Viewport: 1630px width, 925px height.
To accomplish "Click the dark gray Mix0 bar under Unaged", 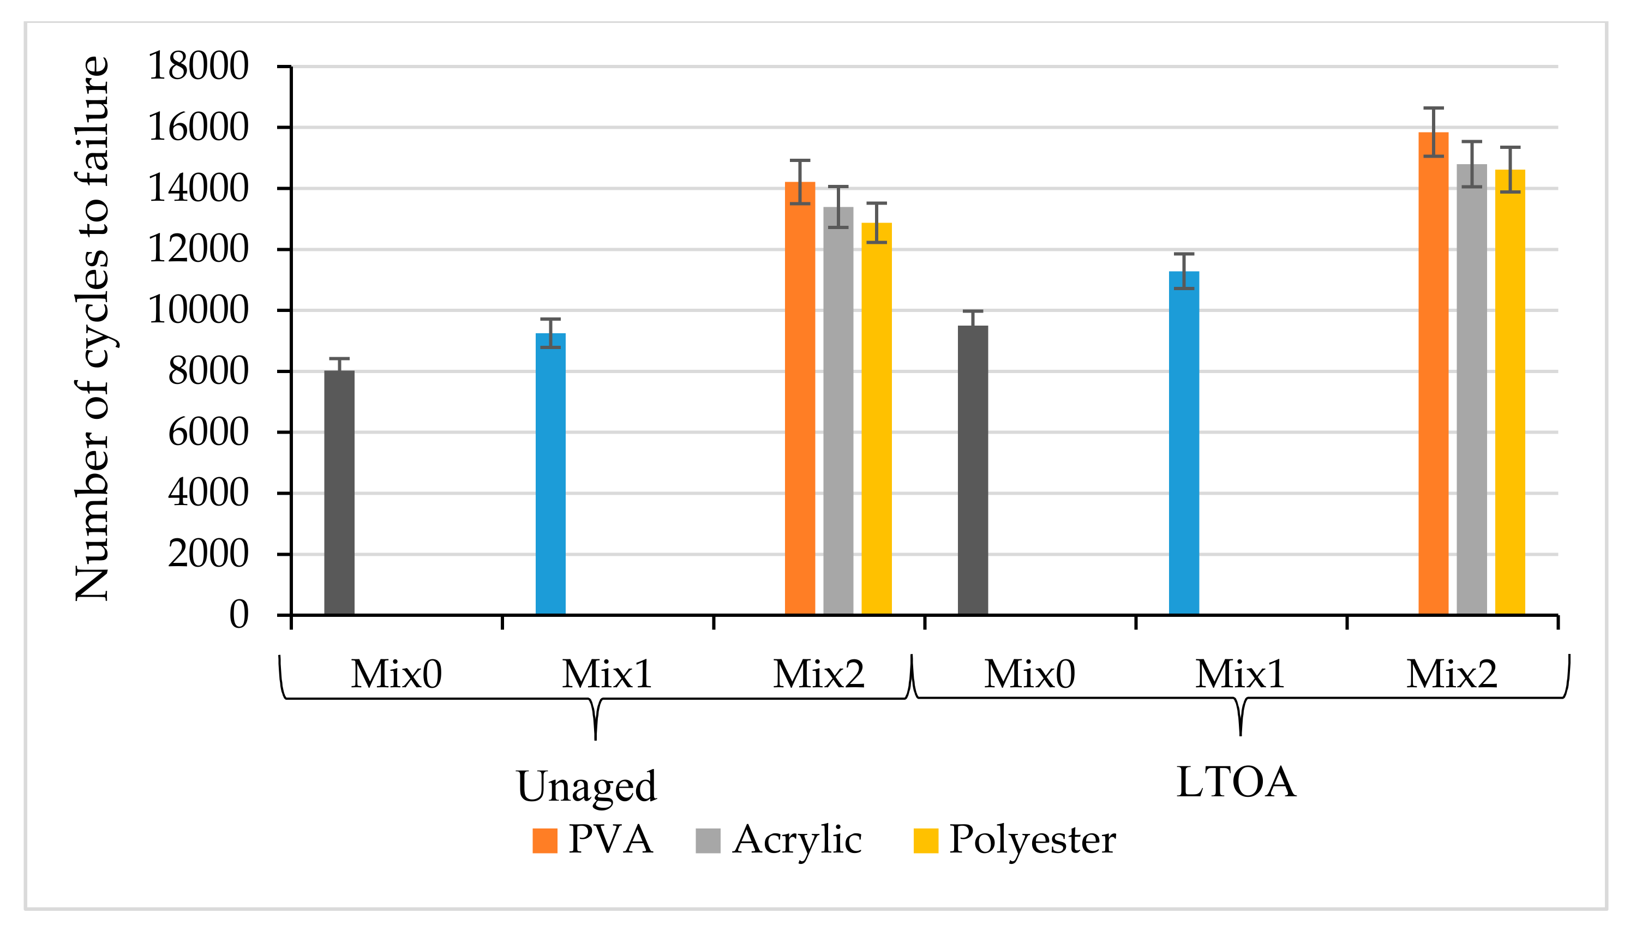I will click(339, 492).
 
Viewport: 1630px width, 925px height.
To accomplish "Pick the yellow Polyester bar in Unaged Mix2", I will click(876, 419).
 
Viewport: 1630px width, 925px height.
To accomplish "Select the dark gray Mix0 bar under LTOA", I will click(973, 470).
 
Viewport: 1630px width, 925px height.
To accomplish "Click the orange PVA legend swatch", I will click(544, 840).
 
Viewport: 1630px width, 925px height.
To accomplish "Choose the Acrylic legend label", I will click(796, 840).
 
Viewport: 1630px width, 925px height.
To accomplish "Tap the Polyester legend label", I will click(1032, 840).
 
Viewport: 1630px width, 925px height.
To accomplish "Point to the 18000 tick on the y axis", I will click(197, 66).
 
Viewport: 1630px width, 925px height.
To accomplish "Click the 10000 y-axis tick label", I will click(197, 311).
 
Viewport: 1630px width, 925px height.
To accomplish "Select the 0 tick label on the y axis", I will click(239, 615).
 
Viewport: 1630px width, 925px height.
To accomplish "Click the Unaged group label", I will click(586, 786).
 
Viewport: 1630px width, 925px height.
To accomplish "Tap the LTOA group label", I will click(1236, 782).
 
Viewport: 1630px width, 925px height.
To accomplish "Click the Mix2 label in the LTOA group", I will click(1452, 675).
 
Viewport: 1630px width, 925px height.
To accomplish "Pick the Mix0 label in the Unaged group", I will click(395, 675).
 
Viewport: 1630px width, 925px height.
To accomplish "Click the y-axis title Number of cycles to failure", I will click(92, 328).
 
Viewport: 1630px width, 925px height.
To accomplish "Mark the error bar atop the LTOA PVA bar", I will click(1433, 131).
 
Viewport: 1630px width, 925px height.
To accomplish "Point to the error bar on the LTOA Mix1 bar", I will click(1183, 271).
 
